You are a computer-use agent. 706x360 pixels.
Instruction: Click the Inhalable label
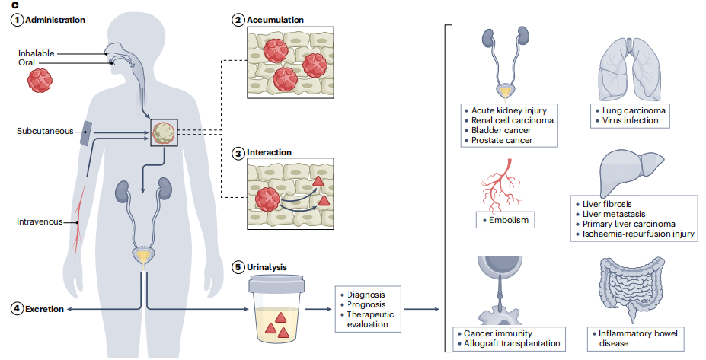click(36, 53)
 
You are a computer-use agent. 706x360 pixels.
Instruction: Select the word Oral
click(27, 62)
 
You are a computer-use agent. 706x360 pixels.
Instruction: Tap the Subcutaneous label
click(44, 131)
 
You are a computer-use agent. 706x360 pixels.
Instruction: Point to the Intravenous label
click(40, 222)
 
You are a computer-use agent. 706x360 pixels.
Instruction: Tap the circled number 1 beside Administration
click(15, 20)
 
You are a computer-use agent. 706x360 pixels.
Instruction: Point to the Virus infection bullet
click(631, 120)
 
